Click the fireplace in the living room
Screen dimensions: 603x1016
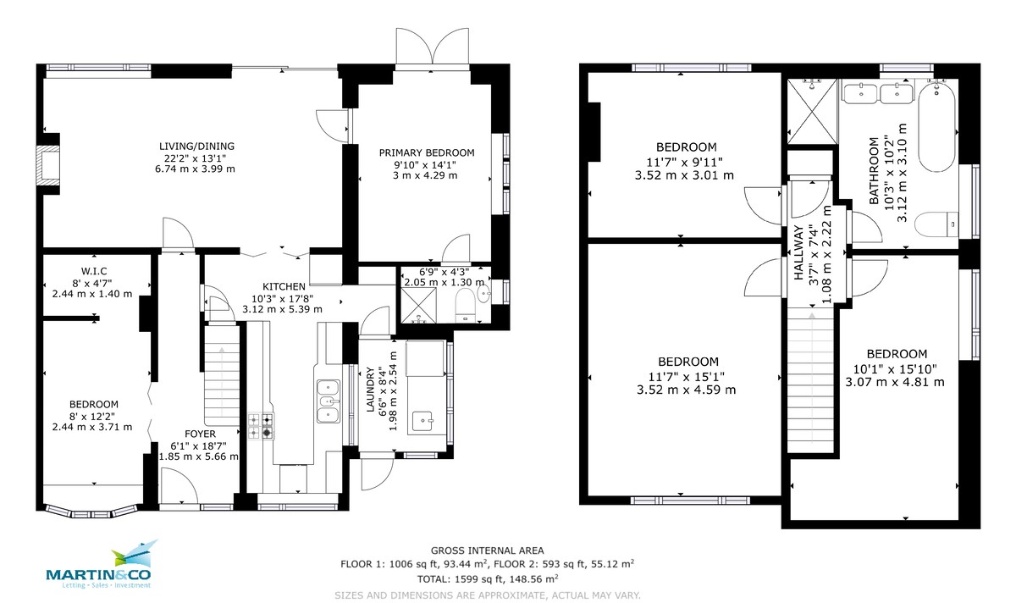tap(52, 165)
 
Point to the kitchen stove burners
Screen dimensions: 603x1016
tap(261, 425)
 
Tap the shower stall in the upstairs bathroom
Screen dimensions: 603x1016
tap(812, 111)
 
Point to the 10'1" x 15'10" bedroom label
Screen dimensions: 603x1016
tap(896, 368)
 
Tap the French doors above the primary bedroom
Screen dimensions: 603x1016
tap(432, 50)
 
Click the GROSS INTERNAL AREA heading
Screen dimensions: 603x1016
tap(487, 550)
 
